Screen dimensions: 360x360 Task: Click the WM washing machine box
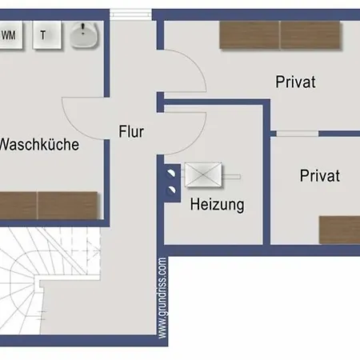coord(10,35)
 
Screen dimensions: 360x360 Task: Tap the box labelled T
coord(46,35)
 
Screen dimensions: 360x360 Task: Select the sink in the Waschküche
coord(83,35)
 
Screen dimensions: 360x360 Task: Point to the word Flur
coord(131,132)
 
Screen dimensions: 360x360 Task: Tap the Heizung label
coord(217,204)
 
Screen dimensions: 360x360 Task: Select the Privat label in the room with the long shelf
coord(295,82)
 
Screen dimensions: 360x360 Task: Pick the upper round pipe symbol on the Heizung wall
coord(171,170)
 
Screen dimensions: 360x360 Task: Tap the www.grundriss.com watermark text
coord(162,298)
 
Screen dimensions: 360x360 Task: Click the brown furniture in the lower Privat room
coord(339,229)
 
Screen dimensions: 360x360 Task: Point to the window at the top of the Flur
coord(131,14)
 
